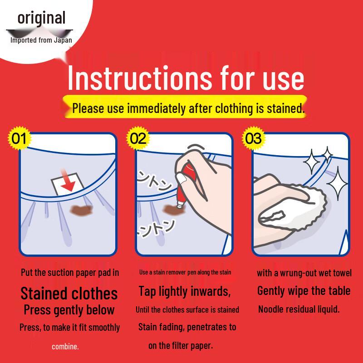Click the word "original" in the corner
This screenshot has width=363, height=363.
click(x=41, y=18)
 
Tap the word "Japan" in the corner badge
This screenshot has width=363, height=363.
click(x=63, y=40)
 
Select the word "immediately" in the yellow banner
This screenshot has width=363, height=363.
click(x=156, y=108)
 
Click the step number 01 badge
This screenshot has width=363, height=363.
click(x=19, y=138)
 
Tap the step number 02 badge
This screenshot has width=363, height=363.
click(x=138, y=138)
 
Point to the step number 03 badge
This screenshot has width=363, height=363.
click(x=254, y=138)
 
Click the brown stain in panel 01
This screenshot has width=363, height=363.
click(x=81, y=210)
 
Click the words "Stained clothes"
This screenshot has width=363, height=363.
click(x=69, y=294)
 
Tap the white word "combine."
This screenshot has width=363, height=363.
click(x=65, y=347)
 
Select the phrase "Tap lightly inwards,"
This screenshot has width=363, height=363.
click(x=185, y=291)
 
